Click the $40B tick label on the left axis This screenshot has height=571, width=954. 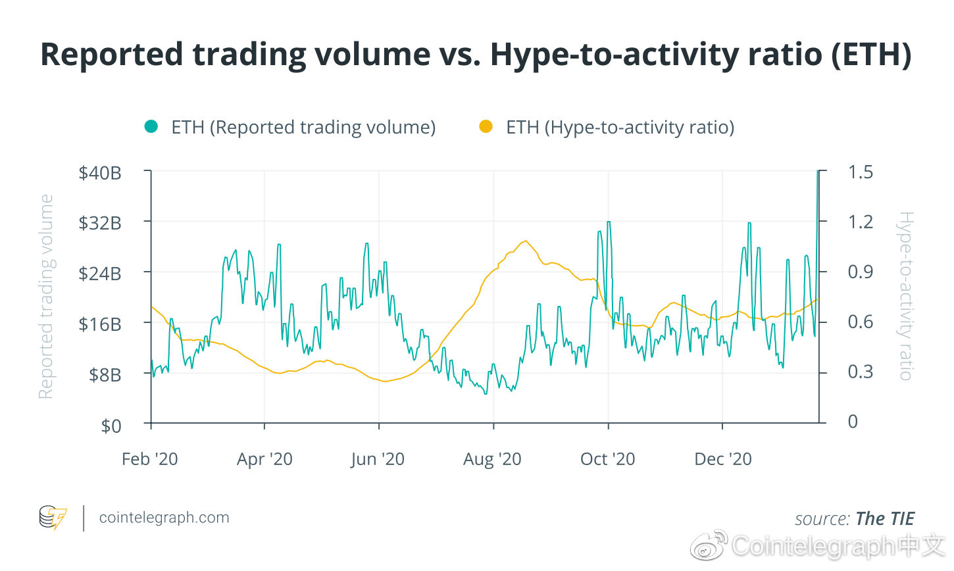(100, 173)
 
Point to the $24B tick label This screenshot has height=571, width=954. (100, 273)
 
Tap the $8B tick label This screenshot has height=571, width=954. (105, 375)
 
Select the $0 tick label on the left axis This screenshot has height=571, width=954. (111, 426)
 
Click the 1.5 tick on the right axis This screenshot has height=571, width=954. (860, 172)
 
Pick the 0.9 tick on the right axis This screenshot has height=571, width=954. (860, 272)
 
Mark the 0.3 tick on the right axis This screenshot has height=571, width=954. (860, 372)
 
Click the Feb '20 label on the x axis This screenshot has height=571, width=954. (150, 459)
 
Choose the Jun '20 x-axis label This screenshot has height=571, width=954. (378, 459)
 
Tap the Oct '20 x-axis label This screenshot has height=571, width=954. (607, 459)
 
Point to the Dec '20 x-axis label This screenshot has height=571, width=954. (723, 459)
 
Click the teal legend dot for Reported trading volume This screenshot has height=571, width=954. (151, 127)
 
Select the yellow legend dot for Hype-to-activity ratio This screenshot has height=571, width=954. (486, 127)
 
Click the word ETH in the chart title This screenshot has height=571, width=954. (871, 55)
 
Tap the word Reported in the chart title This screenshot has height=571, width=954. (111, 55)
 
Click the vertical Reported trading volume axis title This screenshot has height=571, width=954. (45, 297)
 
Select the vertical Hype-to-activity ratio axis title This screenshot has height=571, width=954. (906, 296)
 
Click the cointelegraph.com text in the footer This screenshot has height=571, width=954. (164, 518)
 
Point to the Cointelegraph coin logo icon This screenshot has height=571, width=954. (53, 518)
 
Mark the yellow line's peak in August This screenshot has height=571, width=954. (526, 241)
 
